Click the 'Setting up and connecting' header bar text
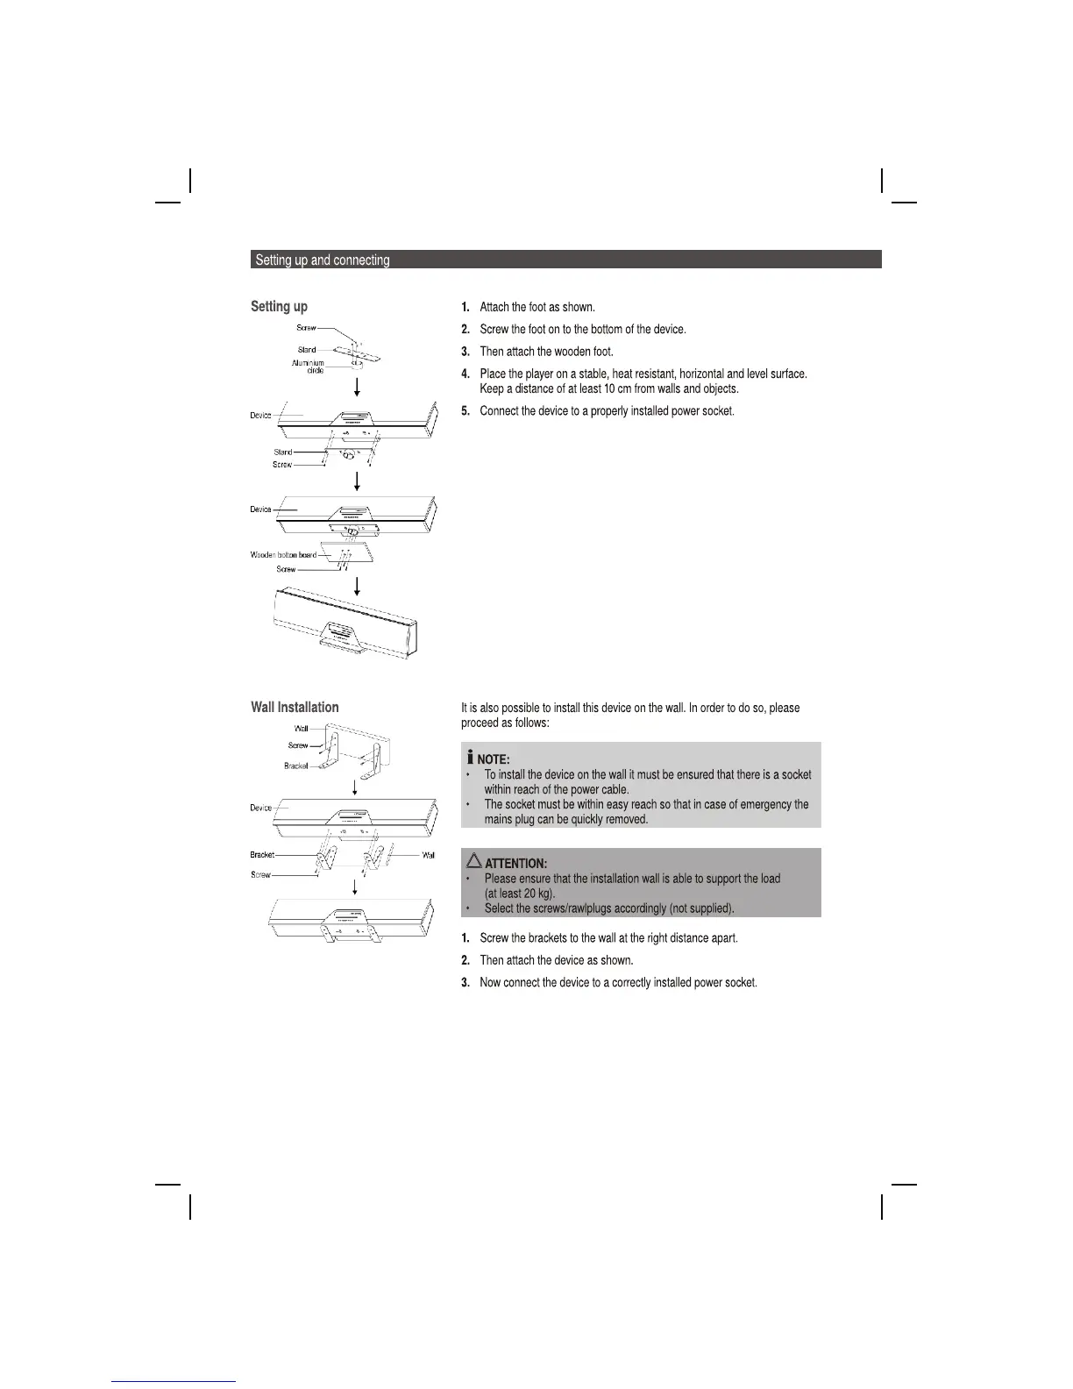click(x=322, y=260)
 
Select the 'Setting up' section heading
click(x=279, y=306)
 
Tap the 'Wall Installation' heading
click(x=295, y=707)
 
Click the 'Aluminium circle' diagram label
click(x=308, y=367)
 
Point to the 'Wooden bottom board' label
click(x=283, y=555)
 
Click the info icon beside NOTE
click(x=470, y=757)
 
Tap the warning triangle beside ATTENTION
click(x=474, y=861)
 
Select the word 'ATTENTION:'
click(x=515, y=864)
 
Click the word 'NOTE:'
click(x=493, y=759)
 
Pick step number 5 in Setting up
click(x=465, y=411)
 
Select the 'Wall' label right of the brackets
click(x=429, y=855)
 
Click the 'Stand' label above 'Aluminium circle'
click(x=307, y=350)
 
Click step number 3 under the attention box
click(x=465, y=983)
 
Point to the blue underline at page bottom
click(x=174, y=1381)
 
